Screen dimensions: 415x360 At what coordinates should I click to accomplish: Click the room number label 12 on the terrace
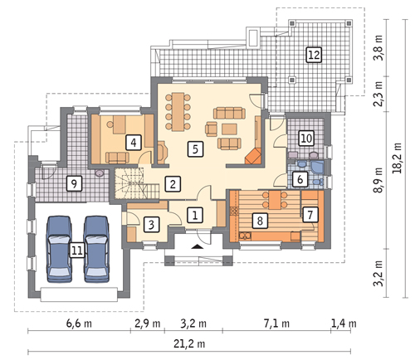pos(314,55)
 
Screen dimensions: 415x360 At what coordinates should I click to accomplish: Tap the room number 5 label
pos(195,149)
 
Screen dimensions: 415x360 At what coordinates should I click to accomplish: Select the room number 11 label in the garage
pos(76,251)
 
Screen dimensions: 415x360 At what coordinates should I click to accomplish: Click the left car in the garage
pos(59,249)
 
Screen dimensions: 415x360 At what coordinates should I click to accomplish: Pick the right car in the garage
pos(96,249)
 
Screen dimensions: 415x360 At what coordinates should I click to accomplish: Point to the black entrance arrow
pos(196,246)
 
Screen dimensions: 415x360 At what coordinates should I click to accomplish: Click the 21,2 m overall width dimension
pos(189,344)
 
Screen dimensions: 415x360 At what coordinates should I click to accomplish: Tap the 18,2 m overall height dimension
pos(397,158)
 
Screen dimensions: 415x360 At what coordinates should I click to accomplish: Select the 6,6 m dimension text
pos(79,323)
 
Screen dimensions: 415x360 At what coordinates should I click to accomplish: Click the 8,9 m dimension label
pos(378,180)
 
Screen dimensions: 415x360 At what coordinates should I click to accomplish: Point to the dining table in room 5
pos(178,112)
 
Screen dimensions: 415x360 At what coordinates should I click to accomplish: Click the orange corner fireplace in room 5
pos(253,156)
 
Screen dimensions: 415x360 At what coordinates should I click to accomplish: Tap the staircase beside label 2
pos(138,182)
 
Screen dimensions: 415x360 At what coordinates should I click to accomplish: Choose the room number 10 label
pos(306,138)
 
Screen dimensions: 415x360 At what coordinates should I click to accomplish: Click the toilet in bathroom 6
pos(318,182)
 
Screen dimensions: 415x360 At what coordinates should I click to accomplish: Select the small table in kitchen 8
pos(275,200)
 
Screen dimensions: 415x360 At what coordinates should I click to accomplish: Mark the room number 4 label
pos(134,143)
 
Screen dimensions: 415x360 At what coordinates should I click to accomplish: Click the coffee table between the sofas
pos(229,129)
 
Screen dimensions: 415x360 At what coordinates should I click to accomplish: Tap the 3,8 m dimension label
pos(378,47)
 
